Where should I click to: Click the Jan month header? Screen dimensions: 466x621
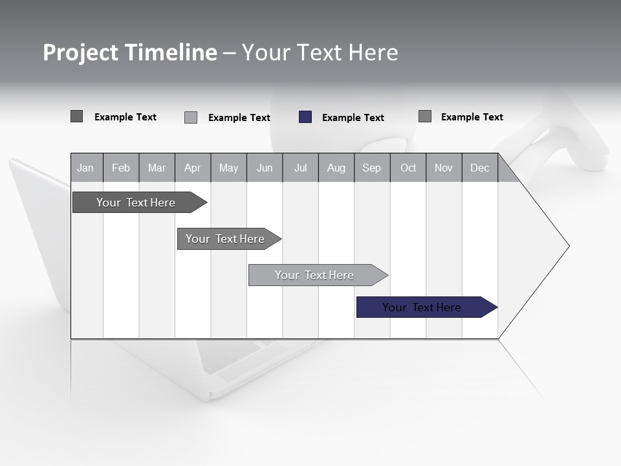pyautogui.click(x=86, y=168)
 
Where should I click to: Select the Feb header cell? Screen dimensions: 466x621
pyautogui.click(x=121, y=168)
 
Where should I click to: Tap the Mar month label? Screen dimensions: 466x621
pyautogui.click(x=157, y=168)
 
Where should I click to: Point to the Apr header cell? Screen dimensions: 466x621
pyautogui.click(x=193, y=168)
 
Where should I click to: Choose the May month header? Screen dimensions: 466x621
pyautogui.click(x=228, y=168)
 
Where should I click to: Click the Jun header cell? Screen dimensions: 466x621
pyautogui.click(x=265, y=168)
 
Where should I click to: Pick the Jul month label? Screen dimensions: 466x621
pyautogui.click(x=300, y=168)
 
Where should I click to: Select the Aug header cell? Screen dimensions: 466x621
pyautogui.click(x=336, y=168)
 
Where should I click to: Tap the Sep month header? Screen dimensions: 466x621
pyautogui.click(x=372, y=168)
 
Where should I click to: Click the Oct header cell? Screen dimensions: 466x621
pyautogui.click(x=408, y=168)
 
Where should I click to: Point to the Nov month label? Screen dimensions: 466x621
pyautogui.click(x=444, y=168)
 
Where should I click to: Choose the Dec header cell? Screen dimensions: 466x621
pyautogui.click(x=480, y=168)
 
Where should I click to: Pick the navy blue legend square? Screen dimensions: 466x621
pyautogui.click(x=305, y=117)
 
